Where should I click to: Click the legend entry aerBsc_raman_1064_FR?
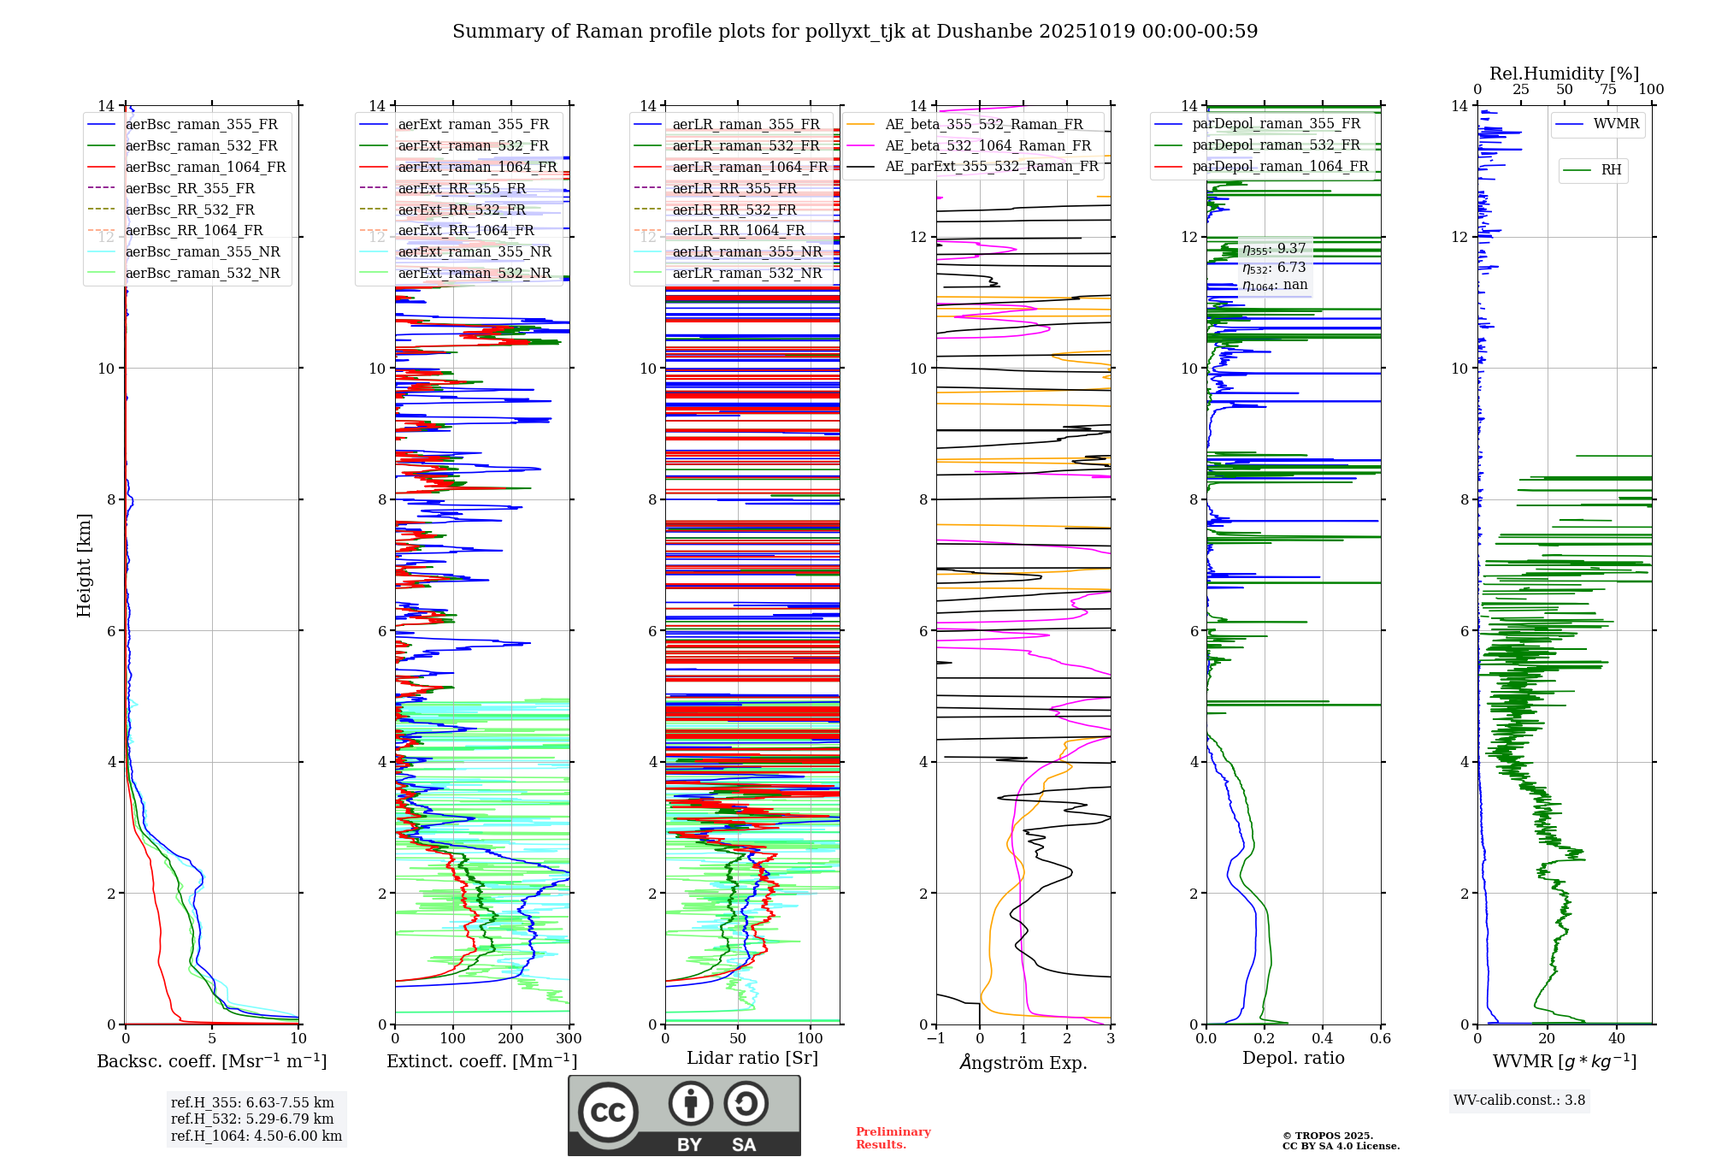[x=205, y=168]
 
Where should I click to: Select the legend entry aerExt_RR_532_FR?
[x=462, y=210]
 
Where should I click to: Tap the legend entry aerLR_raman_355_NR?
[x=746, y=252]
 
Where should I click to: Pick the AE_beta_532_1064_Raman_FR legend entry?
[x=988, y=146]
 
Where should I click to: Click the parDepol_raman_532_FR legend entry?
[x=1276, y=145]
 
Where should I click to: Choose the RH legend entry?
[x=1611, y=170]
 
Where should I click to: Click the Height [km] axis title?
[x=84, y=564]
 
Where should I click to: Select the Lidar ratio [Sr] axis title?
[x=752, y=1058]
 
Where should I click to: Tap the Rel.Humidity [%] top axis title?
[x=1564, y=74]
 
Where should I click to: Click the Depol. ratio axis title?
[x=1293, y=1058]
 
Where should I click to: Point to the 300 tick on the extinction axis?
[x=569, y=1039]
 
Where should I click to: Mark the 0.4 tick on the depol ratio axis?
[x=1323, y=1039]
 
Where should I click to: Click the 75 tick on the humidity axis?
[x=1608, y=90]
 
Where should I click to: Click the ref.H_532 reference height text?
[x=252, y=1119]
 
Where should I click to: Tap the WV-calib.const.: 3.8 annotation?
[x=1519, y=1101]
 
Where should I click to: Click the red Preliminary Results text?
[x=893, y=1138]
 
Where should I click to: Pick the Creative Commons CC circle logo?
[x=608, y=1112]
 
